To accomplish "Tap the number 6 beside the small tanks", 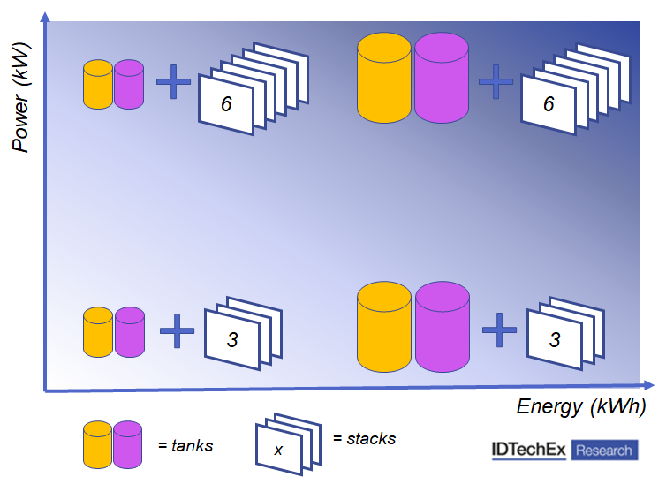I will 226,104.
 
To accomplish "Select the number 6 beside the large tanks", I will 549,104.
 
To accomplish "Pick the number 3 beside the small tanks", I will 232,339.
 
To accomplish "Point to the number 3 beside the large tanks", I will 555,339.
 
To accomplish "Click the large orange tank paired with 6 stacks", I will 384,78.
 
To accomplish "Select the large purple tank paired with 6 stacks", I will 441,78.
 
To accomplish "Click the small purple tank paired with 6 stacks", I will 129,85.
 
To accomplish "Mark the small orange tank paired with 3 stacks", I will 98,332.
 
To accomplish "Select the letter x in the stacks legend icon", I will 279,450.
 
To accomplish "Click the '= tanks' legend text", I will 185,445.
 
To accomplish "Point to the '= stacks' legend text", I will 364,438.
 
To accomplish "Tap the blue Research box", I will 604,450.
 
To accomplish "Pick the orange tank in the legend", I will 98,444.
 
